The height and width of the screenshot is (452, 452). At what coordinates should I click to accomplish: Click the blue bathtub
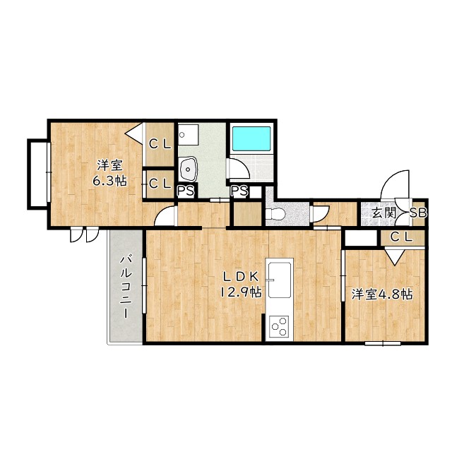coord(251,138)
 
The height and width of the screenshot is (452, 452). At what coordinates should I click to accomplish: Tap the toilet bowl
coord(275,213)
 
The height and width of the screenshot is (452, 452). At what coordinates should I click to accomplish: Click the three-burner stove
coord(280,326)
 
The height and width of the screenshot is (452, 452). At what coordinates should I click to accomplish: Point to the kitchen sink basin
coord(280,280)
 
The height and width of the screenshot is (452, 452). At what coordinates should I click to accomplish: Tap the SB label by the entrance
coord(418,213)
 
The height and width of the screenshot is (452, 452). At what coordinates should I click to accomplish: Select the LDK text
coord(241,276)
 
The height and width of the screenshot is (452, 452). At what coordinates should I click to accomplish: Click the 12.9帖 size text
coord(241,292)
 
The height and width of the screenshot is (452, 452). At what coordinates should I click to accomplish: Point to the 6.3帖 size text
coord(109,181)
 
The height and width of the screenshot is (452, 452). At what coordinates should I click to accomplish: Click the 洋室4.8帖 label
coord(381,295)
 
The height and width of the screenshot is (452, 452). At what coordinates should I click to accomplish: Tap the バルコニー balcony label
coord(126,287)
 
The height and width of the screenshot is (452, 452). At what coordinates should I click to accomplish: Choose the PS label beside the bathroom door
coord(239,191)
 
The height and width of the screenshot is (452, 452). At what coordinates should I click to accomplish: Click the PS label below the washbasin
coord(186,191)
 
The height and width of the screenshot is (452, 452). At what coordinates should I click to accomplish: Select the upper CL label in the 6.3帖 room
coord(160,144)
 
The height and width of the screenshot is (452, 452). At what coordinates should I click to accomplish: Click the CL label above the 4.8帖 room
coord(402,237)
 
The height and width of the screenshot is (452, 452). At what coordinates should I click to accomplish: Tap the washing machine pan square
coord(189,135)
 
